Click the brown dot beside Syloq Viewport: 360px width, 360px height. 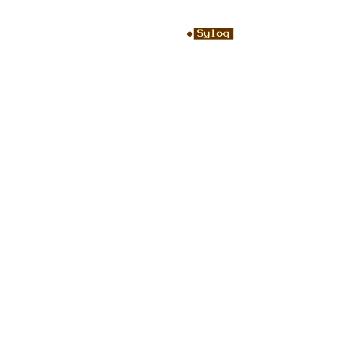pyautogui.click(x=189, y=34)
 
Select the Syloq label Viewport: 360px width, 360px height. pyautogui.click(x=213, y=34)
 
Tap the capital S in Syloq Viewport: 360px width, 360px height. pyautogui.click(x=200, y=33)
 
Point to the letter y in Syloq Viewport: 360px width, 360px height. pyautogui.click(x=207, y=35)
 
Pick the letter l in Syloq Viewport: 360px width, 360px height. pyautogui.click(x=213, y=33)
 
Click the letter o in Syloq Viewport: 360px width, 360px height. pyautogui.click(x=220, y=35)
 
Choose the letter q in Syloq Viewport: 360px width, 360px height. pyautogui.click(x=226, y=35)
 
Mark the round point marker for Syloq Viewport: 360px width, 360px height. pyautogui.click(x=189, y=34)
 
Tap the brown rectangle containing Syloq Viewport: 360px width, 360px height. pyautogui.click(x=213, y=34)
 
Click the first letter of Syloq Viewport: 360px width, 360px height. pyautogui.click(x=200, y=33)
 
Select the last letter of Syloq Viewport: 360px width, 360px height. pyautogui.click(x=226, y=35)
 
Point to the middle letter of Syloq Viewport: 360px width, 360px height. pyautogui.click(x=213, y=33)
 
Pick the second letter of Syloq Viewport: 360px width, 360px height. pyautogui.click(x=207, y=35)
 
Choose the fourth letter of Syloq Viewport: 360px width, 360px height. pyautogui.click(x=220, y=35)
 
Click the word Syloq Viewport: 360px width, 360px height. pyautogui.click(x=213, y=34)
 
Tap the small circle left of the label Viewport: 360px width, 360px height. pyautogui.click(x=189, y=34)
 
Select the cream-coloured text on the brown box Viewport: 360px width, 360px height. pyautogui.click(x=213, y=34)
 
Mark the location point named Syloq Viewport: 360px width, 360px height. pyautogui.click(x=189, y=34)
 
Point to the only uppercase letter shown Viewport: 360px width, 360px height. pyautogui.click(x=200, y=33)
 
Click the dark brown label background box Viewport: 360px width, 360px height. pyautogui.click(x=213, y=34)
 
